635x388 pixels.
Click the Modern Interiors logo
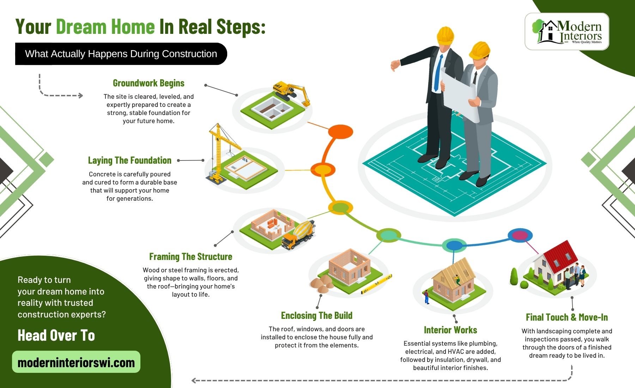tap(567, 31)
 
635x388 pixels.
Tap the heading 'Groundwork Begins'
tap(149, 83)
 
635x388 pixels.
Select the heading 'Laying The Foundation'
tap(129, 160)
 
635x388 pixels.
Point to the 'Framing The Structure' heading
tap(190, 256)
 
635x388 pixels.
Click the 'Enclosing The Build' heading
tap(316, 315)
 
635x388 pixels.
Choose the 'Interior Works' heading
tap(450, 330)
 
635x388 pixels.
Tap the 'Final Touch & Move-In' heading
tap(567, 317)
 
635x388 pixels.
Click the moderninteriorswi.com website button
tap(76, 362)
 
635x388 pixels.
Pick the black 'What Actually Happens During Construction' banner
tap(121, 54)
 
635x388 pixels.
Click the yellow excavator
tap(291, 92)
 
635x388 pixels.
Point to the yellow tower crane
tap(222, 152)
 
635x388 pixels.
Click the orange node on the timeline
tap(340, 132)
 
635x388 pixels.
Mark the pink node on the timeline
tap(520, 235)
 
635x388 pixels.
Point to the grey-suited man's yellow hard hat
tap(480, 50)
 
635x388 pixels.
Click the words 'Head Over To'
tap(56, 335)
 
